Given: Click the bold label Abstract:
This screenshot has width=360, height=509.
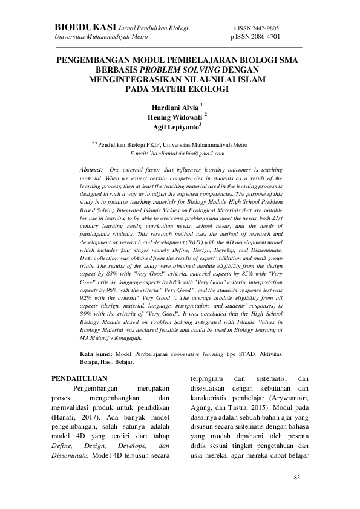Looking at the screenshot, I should tap(92, 171).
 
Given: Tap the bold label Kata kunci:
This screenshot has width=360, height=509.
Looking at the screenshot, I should tap(96, 354).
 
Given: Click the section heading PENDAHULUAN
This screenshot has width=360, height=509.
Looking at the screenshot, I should tap(75, 379).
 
